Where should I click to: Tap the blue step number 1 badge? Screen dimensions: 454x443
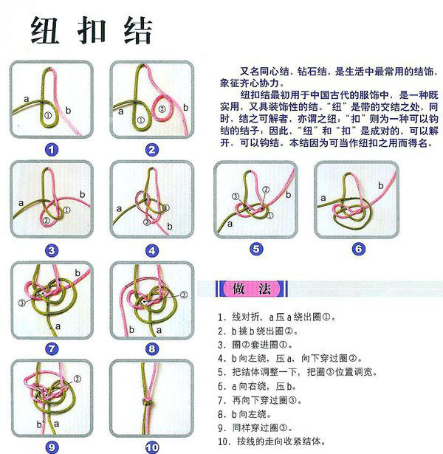click(x=51, y=150)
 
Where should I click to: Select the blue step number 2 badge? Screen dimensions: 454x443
click(x=151, y=150)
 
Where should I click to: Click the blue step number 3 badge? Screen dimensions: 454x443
click(x=51, y=250)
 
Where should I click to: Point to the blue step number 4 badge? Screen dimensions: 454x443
click(x=151, y=250)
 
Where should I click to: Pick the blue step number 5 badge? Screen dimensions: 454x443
click(x=255, y=249)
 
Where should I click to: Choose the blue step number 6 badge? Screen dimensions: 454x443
click(x=357, y=249)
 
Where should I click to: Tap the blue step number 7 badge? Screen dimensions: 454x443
click(x=51, y=348)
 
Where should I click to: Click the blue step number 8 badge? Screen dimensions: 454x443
click(x=151, y=348)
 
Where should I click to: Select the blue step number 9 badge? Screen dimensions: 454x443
click(x=51, y=447)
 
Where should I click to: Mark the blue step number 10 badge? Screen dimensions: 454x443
click(x=151, y=447)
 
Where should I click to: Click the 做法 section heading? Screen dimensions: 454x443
click(x=244, y=289)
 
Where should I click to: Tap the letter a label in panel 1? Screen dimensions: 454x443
click(x=26, y=97)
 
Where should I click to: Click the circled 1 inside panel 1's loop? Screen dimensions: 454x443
click(x=48, y=115)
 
